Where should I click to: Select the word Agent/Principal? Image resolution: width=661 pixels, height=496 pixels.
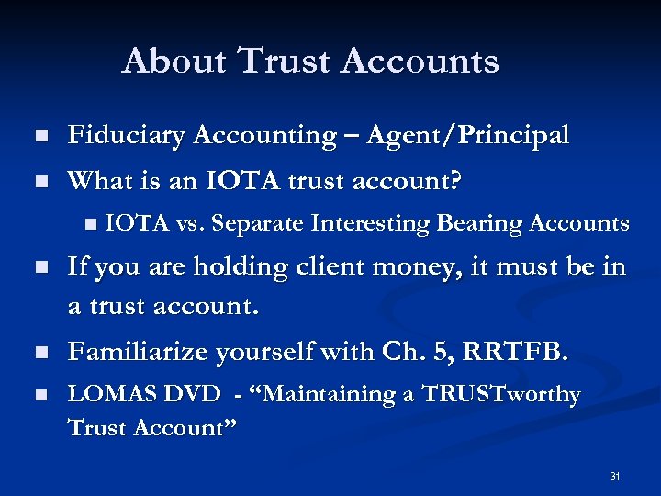[467, 136]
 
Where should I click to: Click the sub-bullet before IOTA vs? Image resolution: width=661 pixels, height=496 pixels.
[88, 223]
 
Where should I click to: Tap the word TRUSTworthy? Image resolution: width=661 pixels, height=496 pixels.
[501, 395]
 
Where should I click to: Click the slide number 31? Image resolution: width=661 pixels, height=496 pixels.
[615, 477]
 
